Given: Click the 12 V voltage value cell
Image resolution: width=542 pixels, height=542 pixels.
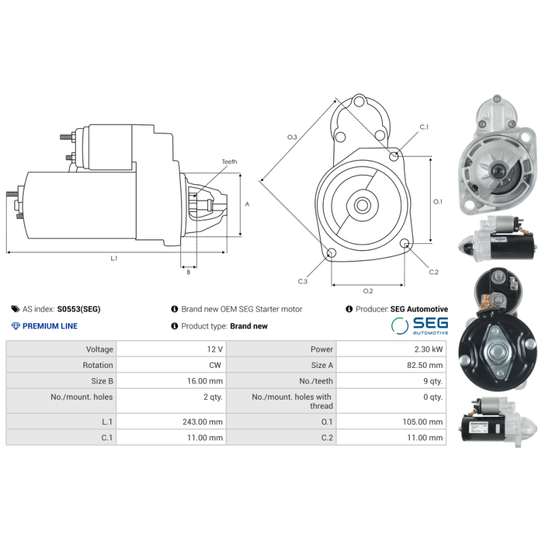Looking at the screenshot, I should click(x=215, y=350).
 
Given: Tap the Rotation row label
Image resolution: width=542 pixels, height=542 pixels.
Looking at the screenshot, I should click(x=98, y=365).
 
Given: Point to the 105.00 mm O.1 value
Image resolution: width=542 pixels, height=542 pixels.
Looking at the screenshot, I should click(x=423, y=422).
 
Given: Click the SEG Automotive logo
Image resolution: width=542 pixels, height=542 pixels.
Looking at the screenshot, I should click(x=420, y=326).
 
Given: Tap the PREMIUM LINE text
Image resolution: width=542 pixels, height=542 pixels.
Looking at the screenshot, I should click(x=50, y=326).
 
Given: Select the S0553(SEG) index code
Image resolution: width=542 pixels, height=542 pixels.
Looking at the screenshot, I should click(x=79, y=309).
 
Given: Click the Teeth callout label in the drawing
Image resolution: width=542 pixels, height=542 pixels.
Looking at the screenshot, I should click(x=230, y=162).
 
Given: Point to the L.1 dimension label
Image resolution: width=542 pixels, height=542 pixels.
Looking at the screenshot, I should click(x=114, y=258).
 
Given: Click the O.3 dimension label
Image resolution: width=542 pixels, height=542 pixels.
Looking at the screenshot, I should click(x=292, y=138).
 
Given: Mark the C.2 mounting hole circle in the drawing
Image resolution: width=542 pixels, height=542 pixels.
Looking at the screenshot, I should click(x=405, y=244).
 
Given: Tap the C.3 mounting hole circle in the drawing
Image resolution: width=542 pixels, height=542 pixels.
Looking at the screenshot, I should click(x=331, y=253).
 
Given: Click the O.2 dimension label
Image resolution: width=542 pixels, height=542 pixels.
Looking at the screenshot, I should click(x=368, y=291).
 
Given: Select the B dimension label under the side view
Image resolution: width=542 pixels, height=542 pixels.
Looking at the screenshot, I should click(x=188, y=272).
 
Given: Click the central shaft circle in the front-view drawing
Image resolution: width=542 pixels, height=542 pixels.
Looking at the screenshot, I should click(x=361, y=205).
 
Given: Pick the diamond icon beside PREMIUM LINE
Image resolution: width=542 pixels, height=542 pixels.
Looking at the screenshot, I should click(x=16, y=326).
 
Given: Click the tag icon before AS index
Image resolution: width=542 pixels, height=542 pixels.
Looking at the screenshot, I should click(x=16, y=309).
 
